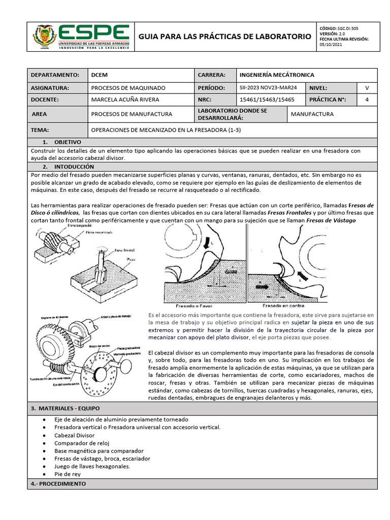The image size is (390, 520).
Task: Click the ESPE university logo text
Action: point(94,32)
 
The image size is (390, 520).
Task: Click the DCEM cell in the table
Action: point(98,75)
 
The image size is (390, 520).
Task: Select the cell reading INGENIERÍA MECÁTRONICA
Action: point(277,75)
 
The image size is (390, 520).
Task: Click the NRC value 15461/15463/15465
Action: point(267,100)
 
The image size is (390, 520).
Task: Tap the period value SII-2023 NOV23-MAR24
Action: point(269,87)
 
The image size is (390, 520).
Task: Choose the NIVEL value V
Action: point(367,87)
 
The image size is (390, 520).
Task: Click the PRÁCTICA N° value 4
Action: point(367,100)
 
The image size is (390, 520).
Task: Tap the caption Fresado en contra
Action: point(283,306)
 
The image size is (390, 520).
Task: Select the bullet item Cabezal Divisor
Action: point(74,435)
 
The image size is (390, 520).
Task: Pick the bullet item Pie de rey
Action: point(67,474)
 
